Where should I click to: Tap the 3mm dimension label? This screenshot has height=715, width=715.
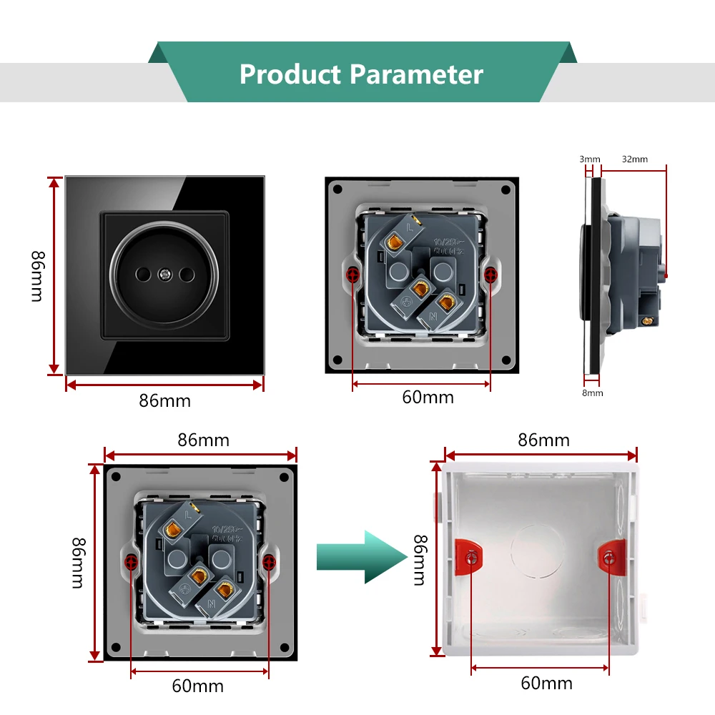click(x=590, y=159)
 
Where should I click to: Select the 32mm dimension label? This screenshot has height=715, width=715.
click(x=634, y=159)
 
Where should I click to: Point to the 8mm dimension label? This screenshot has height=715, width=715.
click(x=593, y=393)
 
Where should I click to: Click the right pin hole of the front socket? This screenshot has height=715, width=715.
click(x=190, y=275)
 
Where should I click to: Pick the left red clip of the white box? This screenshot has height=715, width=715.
click(x=470, y=556)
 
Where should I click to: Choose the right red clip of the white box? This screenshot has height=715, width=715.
click(x=609, y=556)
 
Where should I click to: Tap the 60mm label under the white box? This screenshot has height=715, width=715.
click(x=546, y=683)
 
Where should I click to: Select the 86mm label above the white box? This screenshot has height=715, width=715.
click(x=543, y=440)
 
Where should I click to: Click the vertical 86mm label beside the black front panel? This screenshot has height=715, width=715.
click(x=37, y=276)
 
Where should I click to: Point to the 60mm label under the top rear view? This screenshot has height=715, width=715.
click(x=428, y=397)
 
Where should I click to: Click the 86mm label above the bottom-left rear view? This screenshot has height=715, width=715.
click(x=203, y=440)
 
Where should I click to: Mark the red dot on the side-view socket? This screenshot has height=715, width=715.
click(x=666, y=275)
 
